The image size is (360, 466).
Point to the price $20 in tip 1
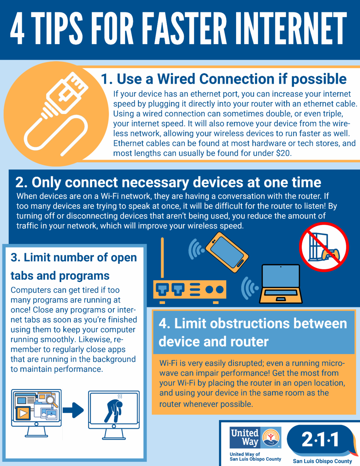coord(283,153)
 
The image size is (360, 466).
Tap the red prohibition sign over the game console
coord(324,247)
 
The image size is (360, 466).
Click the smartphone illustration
coord(227,252)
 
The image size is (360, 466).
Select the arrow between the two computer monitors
coord(73,410)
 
